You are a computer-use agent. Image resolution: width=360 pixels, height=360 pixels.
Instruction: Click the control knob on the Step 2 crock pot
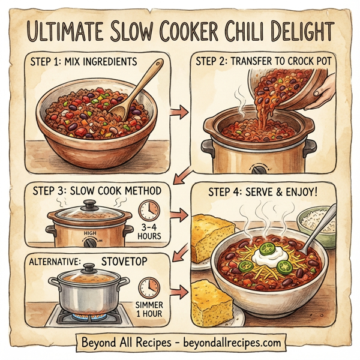(x=259, y=170)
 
